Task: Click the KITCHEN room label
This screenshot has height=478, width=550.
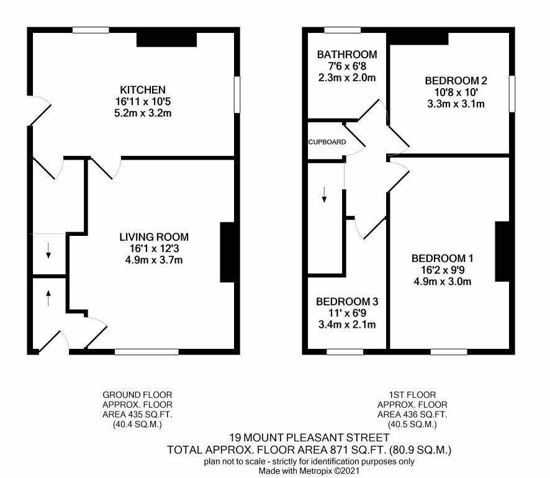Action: [143, 90]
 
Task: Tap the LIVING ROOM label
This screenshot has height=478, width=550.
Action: [154, 237]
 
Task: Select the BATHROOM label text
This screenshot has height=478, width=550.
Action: [347, 55]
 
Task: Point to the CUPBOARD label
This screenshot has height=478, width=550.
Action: [327, 142]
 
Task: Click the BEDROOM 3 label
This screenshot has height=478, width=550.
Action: [347, 302]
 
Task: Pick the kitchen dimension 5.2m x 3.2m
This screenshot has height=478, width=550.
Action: [143, 113]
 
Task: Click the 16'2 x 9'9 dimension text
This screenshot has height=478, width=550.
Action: [443, 270]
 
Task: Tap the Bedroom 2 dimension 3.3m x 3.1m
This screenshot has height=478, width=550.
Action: [456, 104]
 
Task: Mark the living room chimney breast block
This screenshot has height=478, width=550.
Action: [227, 252]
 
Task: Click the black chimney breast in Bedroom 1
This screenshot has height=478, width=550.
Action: [502, 251]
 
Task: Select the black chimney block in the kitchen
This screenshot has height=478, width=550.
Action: [166, 40]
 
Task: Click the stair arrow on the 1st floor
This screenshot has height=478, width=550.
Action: [324, 195]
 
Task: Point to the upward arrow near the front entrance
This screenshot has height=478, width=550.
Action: [48, 298]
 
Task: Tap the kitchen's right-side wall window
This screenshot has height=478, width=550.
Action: [237, 95]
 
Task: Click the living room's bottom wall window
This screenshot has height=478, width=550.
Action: [147, 352]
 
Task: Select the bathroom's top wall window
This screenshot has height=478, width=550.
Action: [342, 30]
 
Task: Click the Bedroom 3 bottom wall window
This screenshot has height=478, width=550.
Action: [345, 352]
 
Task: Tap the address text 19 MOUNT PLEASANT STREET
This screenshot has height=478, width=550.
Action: [309, 438]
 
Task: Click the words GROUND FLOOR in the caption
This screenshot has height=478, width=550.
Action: [137, 395]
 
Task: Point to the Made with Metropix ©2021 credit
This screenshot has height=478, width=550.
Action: [309, 471]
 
